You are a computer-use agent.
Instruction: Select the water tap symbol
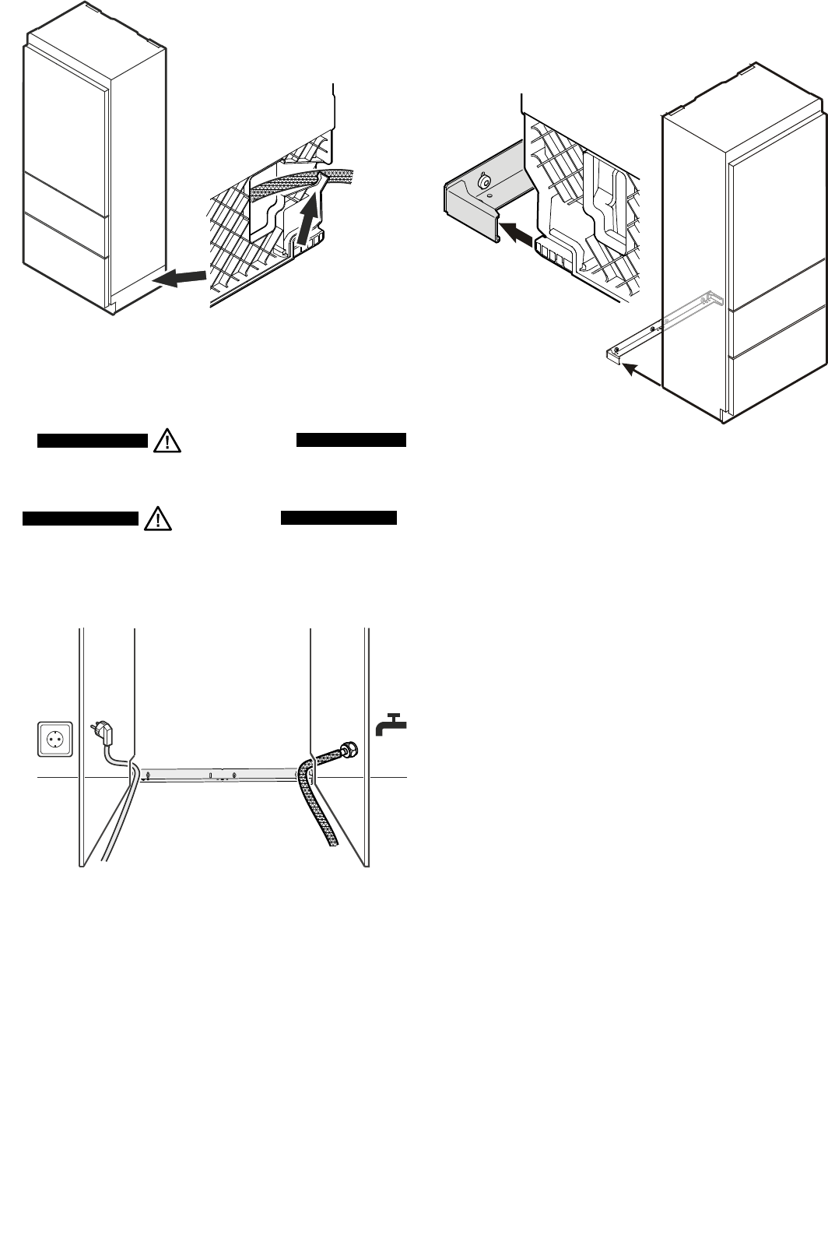click(391, 724)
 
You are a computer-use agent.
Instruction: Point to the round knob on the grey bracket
click(485, 182)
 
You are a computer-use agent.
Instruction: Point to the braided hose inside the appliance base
click(288, 182)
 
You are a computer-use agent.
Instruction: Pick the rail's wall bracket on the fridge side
click(711, 298)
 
